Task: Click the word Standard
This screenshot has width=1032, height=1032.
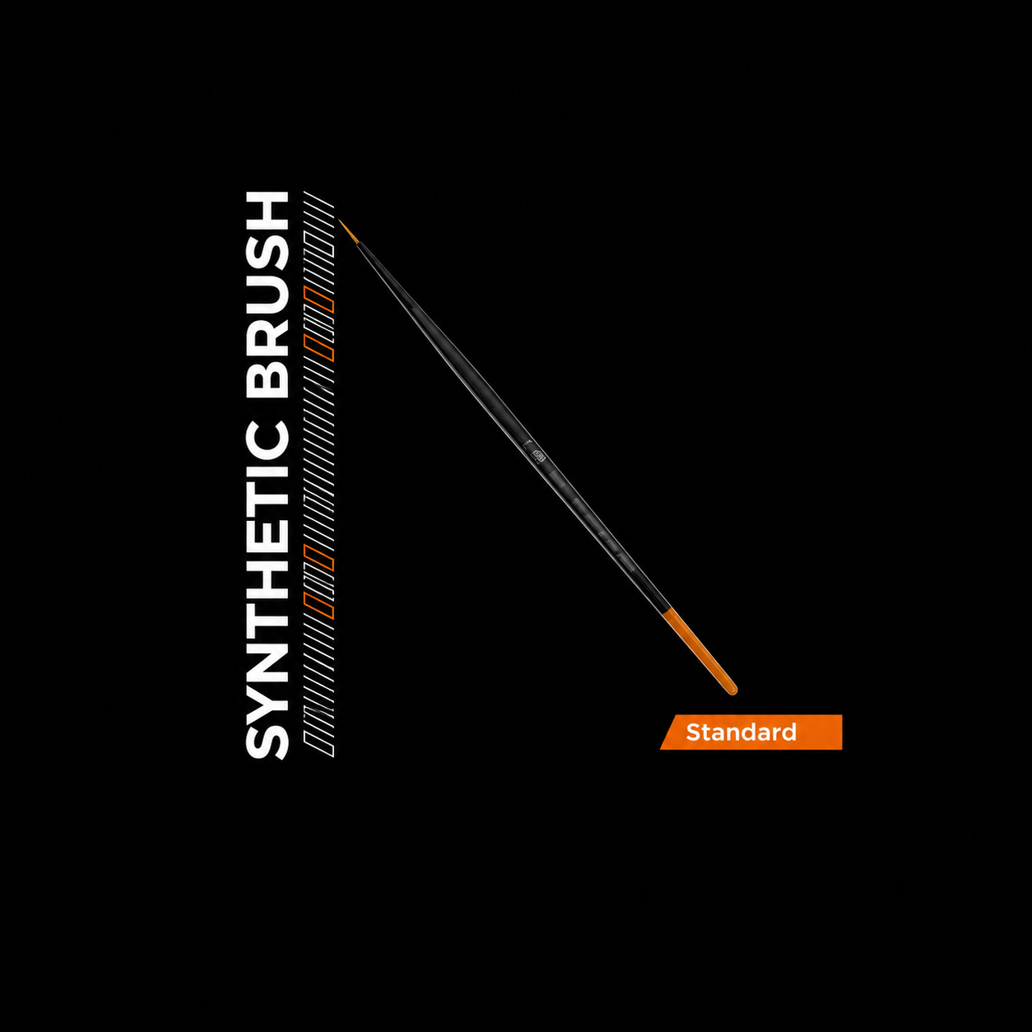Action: click(741, 732)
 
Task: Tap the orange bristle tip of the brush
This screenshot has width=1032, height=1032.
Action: click(344, 228)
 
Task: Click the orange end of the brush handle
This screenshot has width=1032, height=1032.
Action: click(700, 653)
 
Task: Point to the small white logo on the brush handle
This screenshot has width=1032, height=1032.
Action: click(536, 454)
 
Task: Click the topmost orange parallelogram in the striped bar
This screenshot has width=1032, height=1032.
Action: click(318, 300)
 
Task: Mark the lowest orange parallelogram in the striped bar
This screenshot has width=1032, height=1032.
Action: click(318, 606)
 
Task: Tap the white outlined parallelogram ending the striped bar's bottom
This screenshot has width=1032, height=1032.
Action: click(318, 744)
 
